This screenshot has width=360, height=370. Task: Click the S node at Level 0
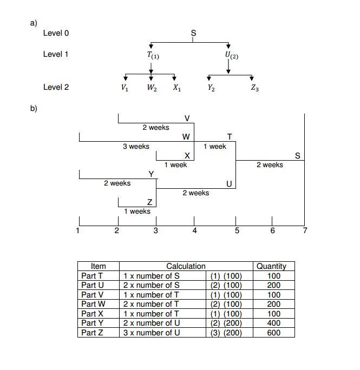tap(194, 34)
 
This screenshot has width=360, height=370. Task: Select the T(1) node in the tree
tap(153, 55)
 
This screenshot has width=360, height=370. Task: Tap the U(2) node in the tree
tap(231, 55)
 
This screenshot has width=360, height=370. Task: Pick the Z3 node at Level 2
tap(254, 88)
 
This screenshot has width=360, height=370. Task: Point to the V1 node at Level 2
tap(125, 88)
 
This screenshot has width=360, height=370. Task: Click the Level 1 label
tap(56, 54)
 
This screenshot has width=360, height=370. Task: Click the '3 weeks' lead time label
tap(136, 147)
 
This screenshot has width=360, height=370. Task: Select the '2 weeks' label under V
tap(155, 128)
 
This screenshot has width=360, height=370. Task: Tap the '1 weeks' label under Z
tap(137, 212)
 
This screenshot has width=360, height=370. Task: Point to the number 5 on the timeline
tap(237, 231)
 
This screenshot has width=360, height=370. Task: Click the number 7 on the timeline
tap(305, 231)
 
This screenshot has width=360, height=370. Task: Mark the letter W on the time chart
tap(186, 137)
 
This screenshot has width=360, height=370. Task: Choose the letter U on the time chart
tap(229, 184)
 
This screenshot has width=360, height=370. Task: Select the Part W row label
tap(93, 304)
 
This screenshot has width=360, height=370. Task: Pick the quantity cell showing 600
tap(274, 333)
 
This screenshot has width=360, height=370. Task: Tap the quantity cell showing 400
tap(274, 323)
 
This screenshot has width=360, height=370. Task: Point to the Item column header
tap(98, 266)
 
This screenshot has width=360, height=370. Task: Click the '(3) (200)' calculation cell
tap(226, 333)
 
